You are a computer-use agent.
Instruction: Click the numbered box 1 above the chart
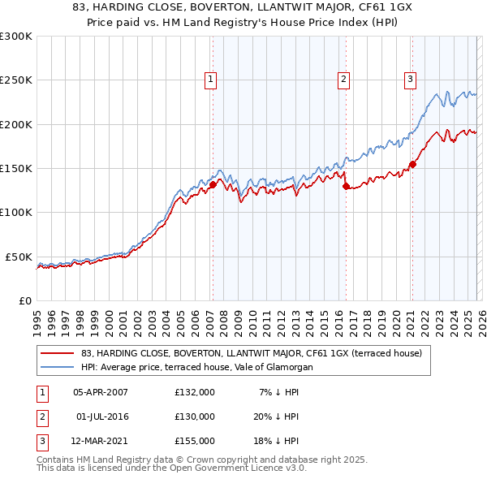click(x=211, y=79)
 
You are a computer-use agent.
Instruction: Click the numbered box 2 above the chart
click(x=344, y=79)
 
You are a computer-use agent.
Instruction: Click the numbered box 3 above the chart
click(x=411, y=79)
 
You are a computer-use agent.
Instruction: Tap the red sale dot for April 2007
click(x=213, y=184)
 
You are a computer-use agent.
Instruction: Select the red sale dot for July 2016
click(x=346, y=186)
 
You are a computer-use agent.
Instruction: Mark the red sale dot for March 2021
click(x=412, y=164)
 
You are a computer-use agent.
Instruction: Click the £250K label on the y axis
click(x=16, y=80)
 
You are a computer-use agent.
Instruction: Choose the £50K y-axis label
click(x=19, y=257)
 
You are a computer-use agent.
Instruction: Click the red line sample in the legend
click(x=58, y=353)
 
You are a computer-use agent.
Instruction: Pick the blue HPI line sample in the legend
click(x=58, y=367)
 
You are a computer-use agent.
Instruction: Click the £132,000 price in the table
click(x=195, y=391)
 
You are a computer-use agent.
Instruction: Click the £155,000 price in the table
click(x=195, y=441)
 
